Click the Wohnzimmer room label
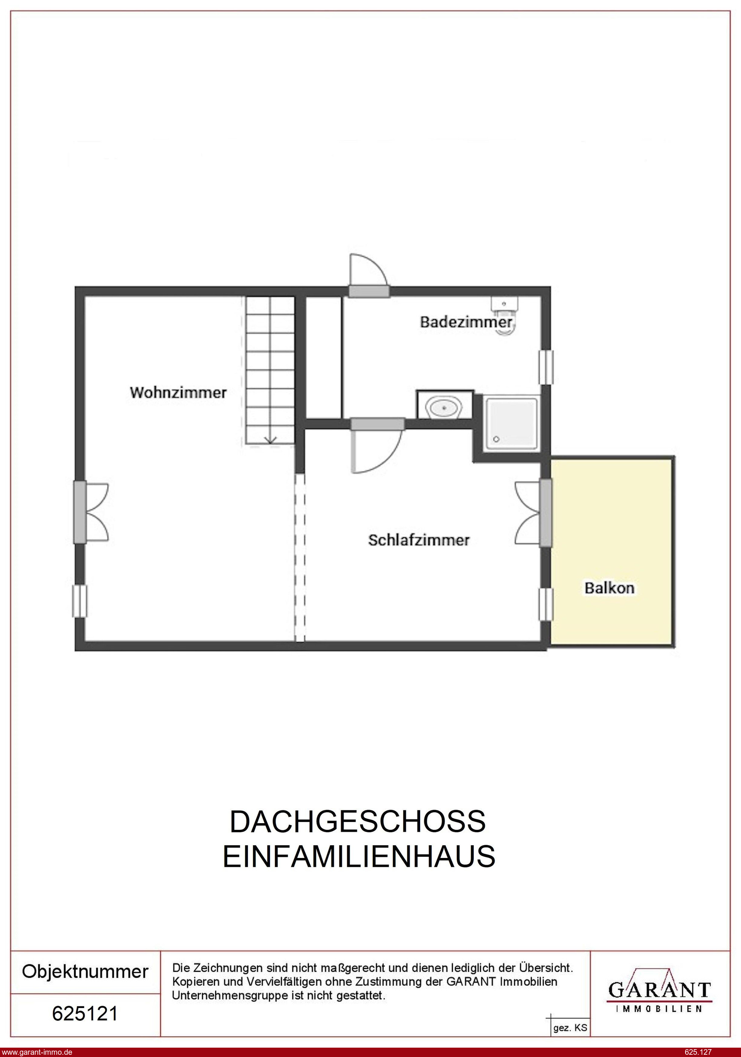(x=178, y=393)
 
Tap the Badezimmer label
(x=466, y=322)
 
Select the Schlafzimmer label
(x=418, y=540)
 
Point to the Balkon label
(x=609, y=588)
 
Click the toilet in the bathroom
(x=505, y=315)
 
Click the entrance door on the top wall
(x=369, y=275)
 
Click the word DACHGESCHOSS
(x=358, y=822)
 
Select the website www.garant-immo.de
(x=37, y=1051)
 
